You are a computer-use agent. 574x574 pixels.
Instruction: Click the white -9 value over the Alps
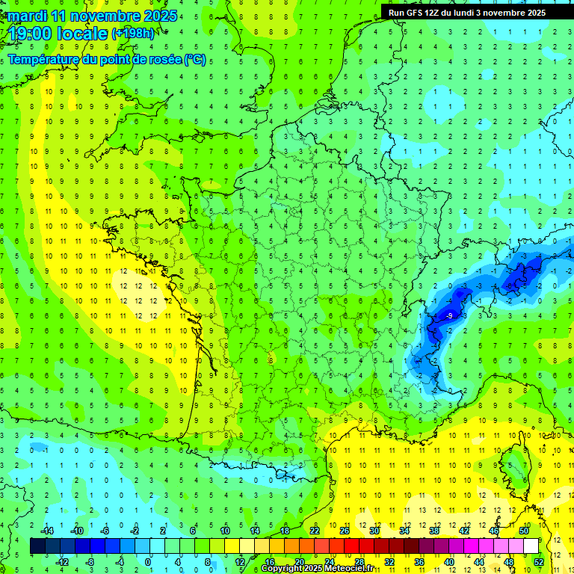(448, 317)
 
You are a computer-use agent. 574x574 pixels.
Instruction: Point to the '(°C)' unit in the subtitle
(194, 60)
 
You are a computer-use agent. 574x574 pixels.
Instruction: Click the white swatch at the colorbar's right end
(531, 546)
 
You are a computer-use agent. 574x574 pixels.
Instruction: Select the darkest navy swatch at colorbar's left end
(37, 546)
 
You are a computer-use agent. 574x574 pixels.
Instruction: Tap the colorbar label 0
(148, 561)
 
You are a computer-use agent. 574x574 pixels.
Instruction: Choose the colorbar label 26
(345, 531)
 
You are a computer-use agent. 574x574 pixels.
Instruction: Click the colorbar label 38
(434, 531)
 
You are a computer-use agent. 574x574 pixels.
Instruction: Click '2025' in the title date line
(159, 16)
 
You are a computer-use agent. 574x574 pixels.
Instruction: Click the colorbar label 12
(239, 561)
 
